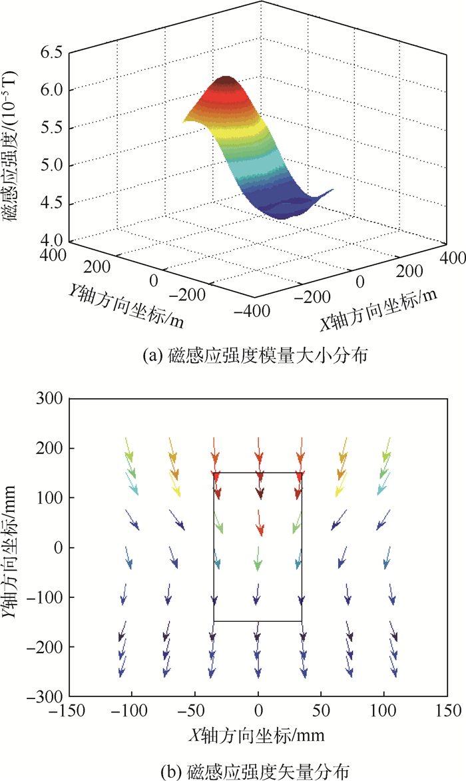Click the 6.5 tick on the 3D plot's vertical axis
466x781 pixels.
coord(52,51)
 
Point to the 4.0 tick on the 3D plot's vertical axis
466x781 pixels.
coord(52,240)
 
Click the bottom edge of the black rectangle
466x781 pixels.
coord(258,621)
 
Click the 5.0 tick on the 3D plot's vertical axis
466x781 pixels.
coord(52,164)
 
